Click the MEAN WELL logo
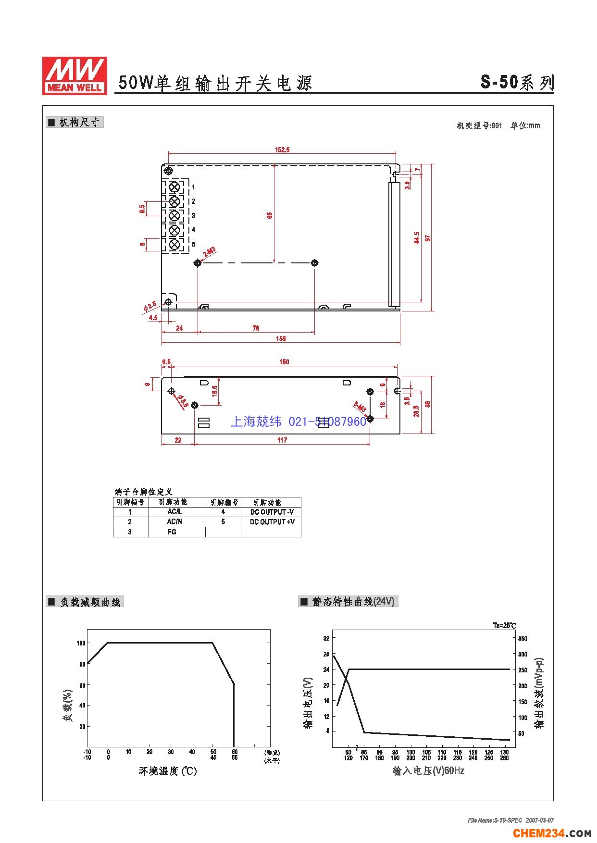[x=75, y=75]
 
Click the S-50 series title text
[x=517, y=82]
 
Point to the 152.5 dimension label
[x=282, y=150]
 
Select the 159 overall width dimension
[x=281, y=339]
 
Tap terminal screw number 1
[x=175, y=186]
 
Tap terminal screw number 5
[x=175, y=244]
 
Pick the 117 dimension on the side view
[x=282, y=440]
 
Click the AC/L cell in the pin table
[x=174, y=512]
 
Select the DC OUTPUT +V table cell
[x=272, y=522]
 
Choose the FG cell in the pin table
[x=172, y=532]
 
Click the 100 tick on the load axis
[x=81, y=643]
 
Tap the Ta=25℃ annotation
[x=504, y=626]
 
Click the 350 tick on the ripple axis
[x=522, y=639]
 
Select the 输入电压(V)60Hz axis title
[x=428, y=771]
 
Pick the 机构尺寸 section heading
[x=79, y=123]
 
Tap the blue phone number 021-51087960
[x=327, y=422]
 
